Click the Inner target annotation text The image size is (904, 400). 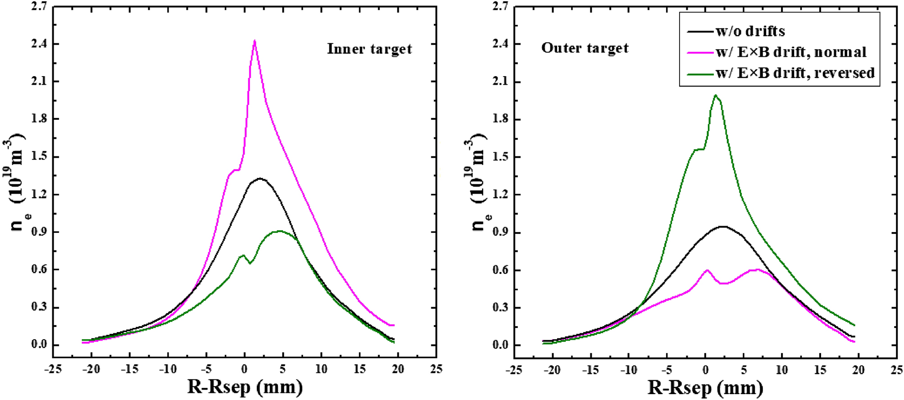coord(369,49)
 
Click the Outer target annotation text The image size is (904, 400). coord(584,48)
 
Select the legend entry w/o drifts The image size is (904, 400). coord(750,31)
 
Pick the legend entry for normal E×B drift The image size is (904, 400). coord(791,52)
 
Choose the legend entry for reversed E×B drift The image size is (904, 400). coord(795,73)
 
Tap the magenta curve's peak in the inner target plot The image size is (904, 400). coord(255,41)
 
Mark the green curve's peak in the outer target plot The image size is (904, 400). coord(715,95)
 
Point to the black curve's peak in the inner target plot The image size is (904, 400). coord(260,178)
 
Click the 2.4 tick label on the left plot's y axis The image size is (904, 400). coord(40,44)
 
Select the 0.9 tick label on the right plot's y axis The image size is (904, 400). coord(501,232)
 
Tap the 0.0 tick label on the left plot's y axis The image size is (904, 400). coord(40,345)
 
